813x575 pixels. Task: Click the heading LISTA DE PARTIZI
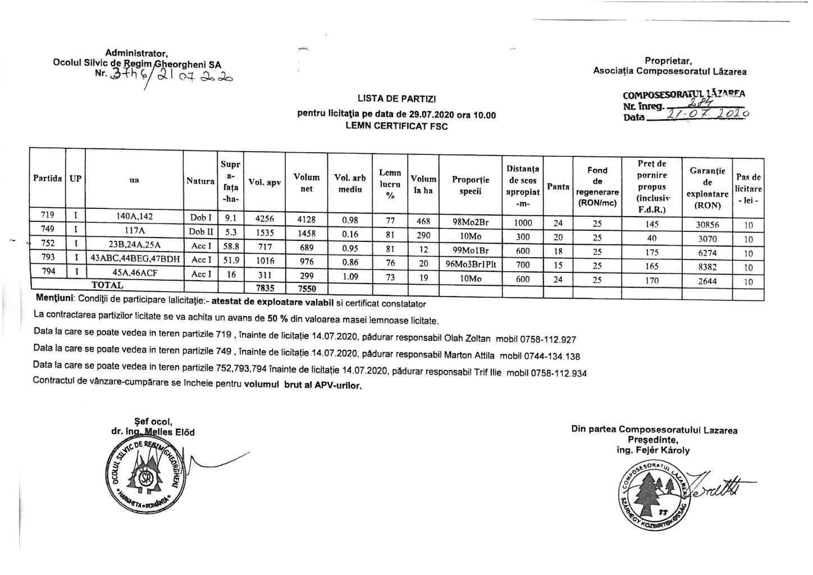click(x=396, y=99)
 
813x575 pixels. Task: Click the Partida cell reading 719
click(x=47, y=215)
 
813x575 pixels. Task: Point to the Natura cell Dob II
click(x=200, y=231)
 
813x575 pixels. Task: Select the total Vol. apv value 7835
click(x=264, y=288)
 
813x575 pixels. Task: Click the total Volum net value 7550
click(x=307, y=289)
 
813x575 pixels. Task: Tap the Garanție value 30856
click(x=707, y=225)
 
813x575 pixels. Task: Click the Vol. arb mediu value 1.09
click(x=350, y=277)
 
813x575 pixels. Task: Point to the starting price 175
click(x=652, y=253)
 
